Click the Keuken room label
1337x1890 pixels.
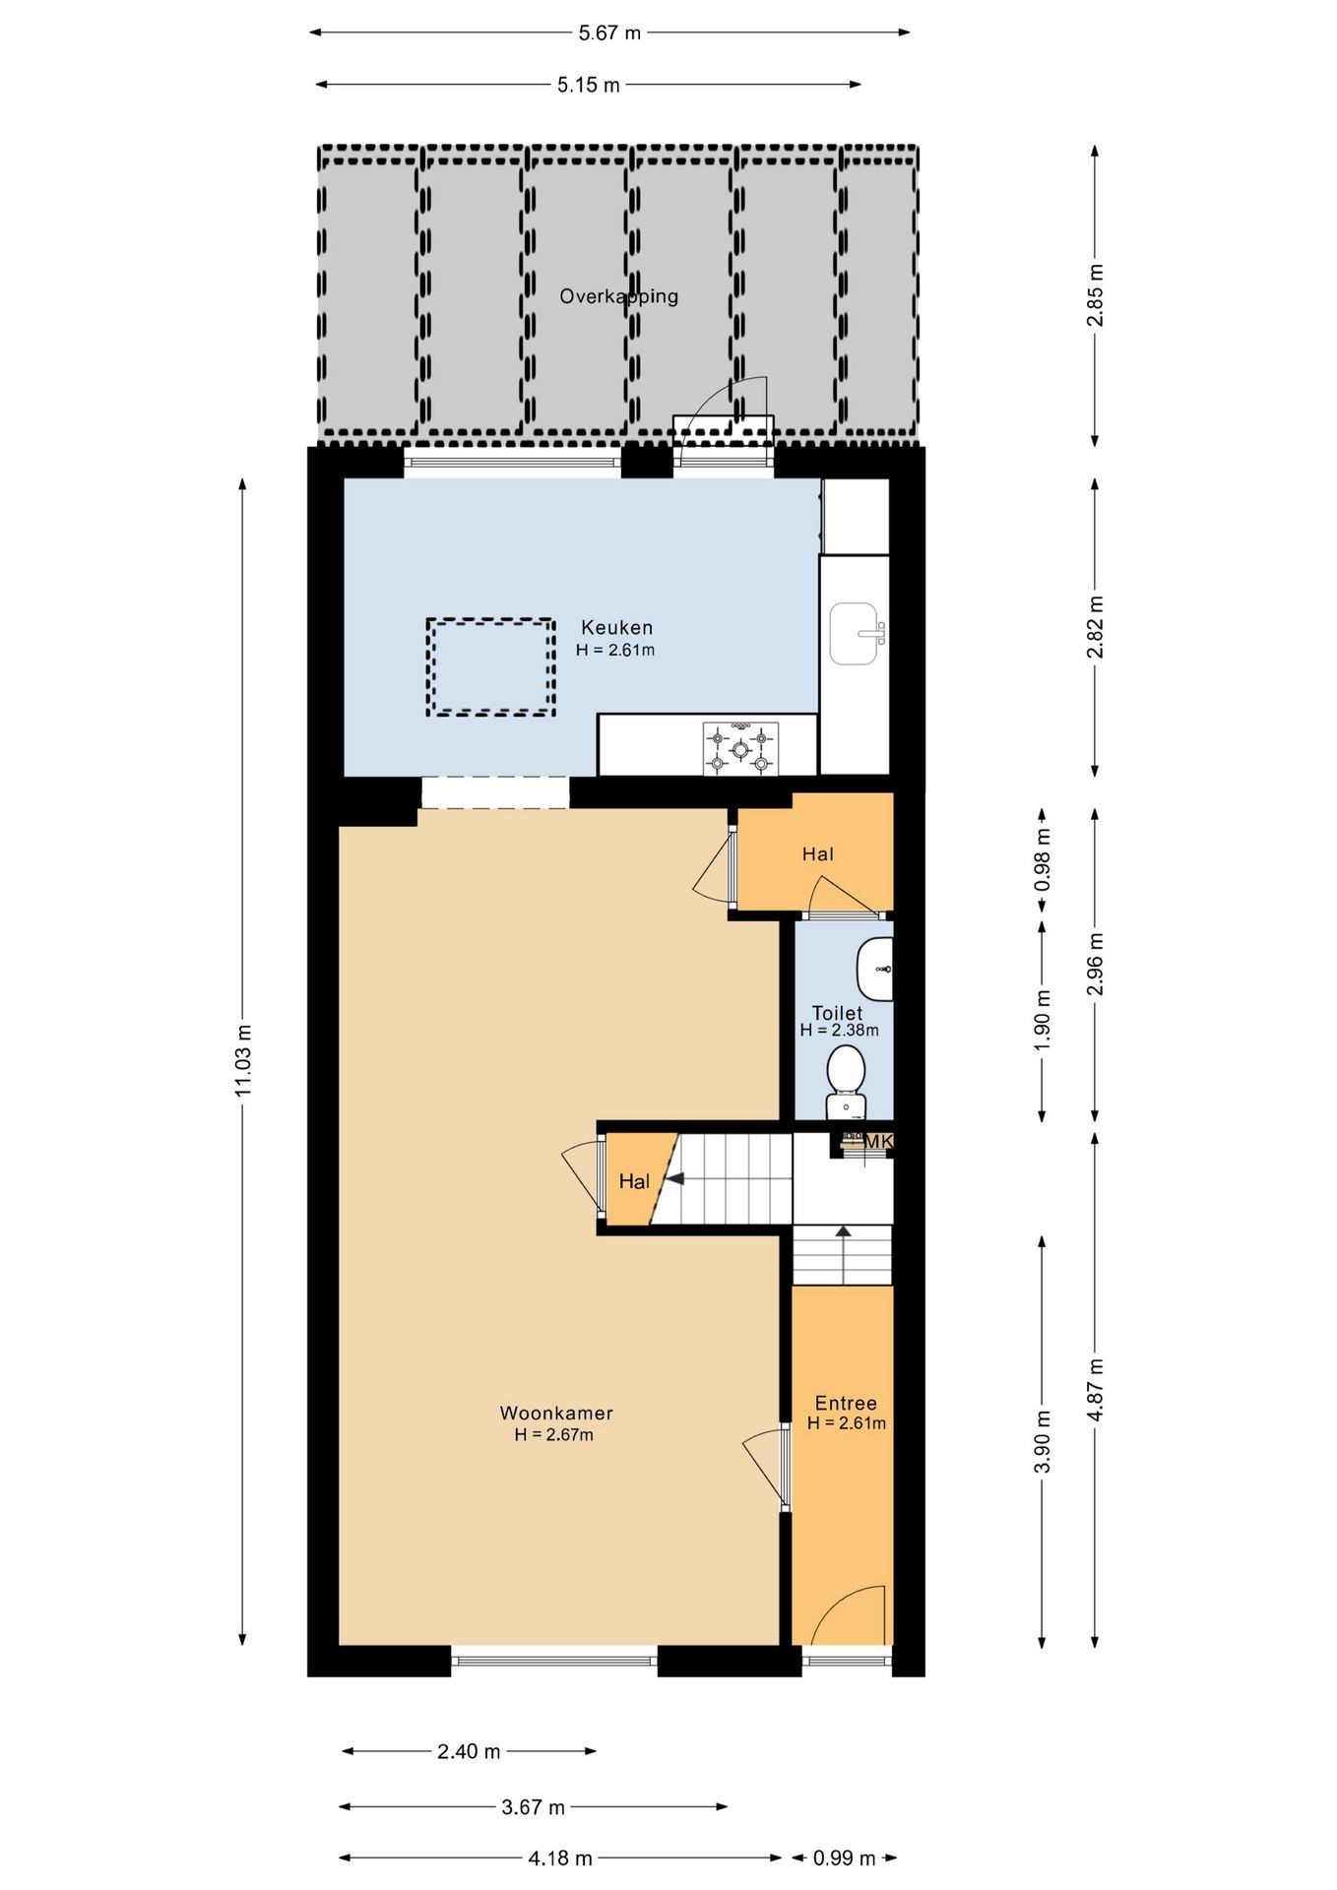[616, 627]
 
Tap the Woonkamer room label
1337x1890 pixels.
[556, 1413]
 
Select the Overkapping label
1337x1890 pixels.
[618, 296]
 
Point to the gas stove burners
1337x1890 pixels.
[740, 748]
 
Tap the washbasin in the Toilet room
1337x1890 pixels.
[874, 969]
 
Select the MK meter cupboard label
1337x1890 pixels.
[878, 1141]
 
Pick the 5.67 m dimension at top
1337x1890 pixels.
[609, 32]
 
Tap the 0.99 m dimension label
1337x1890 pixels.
[844, 1858]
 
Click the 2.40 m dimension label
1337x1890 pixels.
[469, 1751]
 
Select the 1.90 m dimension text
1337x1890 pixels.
[1043, 1019]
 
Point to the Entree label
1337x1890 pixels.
[846, 1404]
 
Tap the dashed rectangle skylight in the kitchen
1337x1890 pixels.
[490, 666]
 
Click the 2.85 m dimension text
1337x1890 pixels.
[1096, 295]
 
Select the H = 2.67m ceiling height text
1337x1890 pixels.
[554, 1434]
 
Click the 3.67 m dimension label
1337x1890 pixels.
[533, 1806]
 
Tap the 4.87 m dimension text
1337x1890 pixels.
[1096, 1388]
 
